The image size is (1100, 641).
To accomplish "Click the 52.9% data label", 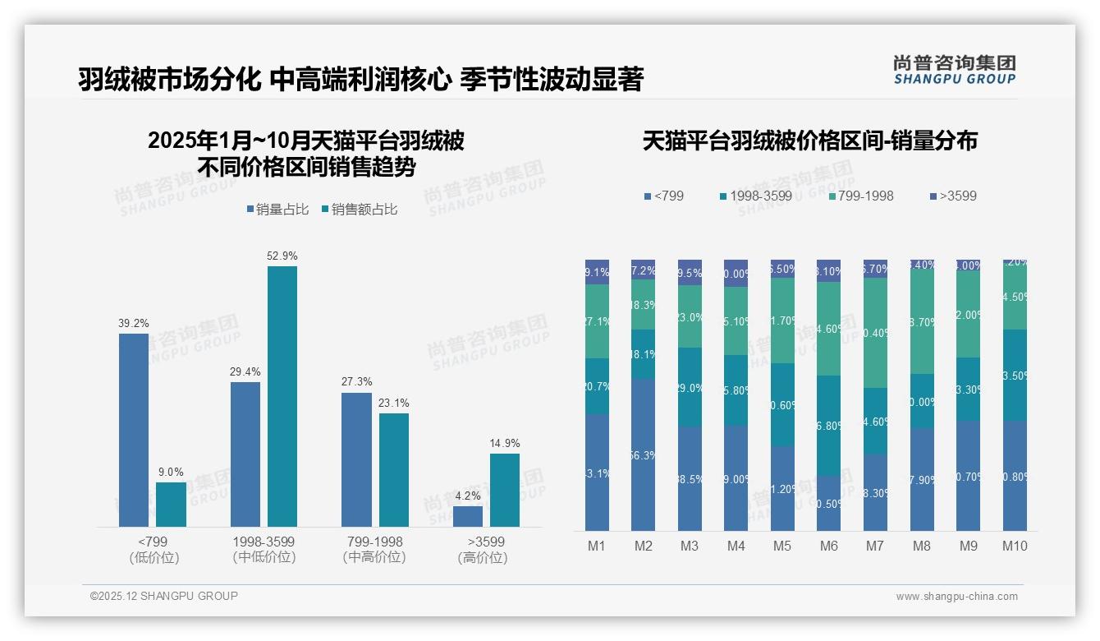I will pos(282,256).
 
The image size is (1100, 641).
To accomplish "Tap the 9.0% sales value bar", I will pos(171,505).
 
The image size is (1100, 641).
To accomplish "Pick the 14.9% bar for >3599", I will pos(505,490).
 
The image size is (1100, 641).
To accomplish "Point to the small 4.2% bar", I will pos(468,516).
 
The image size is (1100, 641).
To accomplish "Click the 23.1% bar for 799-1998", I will pos(394,469).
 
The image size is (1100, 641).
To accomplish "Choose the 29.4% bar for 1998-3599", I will pos(245,454).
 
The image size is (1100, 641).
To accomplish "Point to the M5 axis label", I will pos(782,546).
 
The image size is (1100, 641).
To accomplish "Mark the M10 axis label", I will pos(1015,546).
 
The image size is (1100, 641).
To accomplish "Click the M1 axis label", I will pos(597,546).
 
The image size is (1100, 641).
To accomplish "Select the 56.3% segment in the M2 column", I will pos(644,454).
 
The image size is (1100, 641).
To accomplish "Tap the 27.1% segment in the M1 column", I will pos(597,321).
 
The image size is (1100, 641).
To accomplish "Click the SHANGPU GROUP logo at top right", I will pos(954,70).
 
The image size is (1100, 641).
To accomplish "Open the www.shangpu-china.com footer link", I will pos(956,597).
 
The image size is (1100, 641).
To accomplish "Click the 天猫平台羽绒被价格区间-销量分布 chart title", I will pos(810,141).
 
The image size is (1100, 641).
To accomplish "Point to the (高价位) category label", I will pos(482,558).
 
